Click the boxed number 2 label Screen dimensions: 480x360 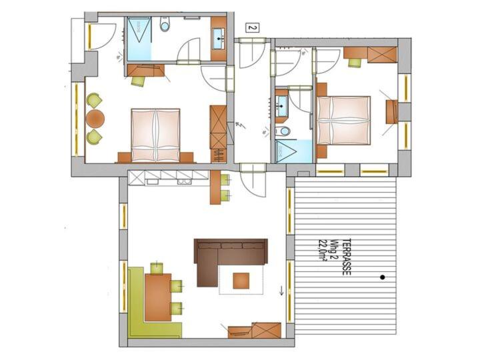[252, 28]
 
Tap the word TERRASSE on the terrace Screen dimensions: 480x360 [347, 257]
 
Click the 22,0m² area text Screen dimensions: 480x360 [323, 250]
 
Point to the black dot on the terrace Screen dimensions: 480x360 [383, 277]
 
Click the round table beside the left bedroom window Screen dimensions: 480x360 [95, 119]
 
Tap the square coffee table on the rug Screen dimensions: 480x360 [241, 281]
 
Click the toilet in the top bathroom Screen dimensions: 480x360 [165, 24]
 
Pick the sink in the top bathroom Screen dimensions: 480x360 [218, 38]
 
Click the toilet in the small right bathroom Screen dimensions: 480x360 [283, 131]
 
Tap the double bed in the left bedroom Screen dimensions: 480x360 [155, 135]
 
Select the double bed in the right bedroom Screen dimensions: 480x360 [343, 120]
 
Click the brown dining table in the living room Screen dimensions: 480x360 [158, 297]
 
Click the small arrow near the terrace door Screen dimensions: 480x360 [281, 291]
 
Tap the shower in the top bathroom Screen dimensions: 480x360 [139, 39]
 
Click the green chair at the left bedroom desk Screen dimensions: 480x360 [138, 81]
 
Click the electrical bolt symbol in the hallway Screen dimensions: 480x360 [239, 125]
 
